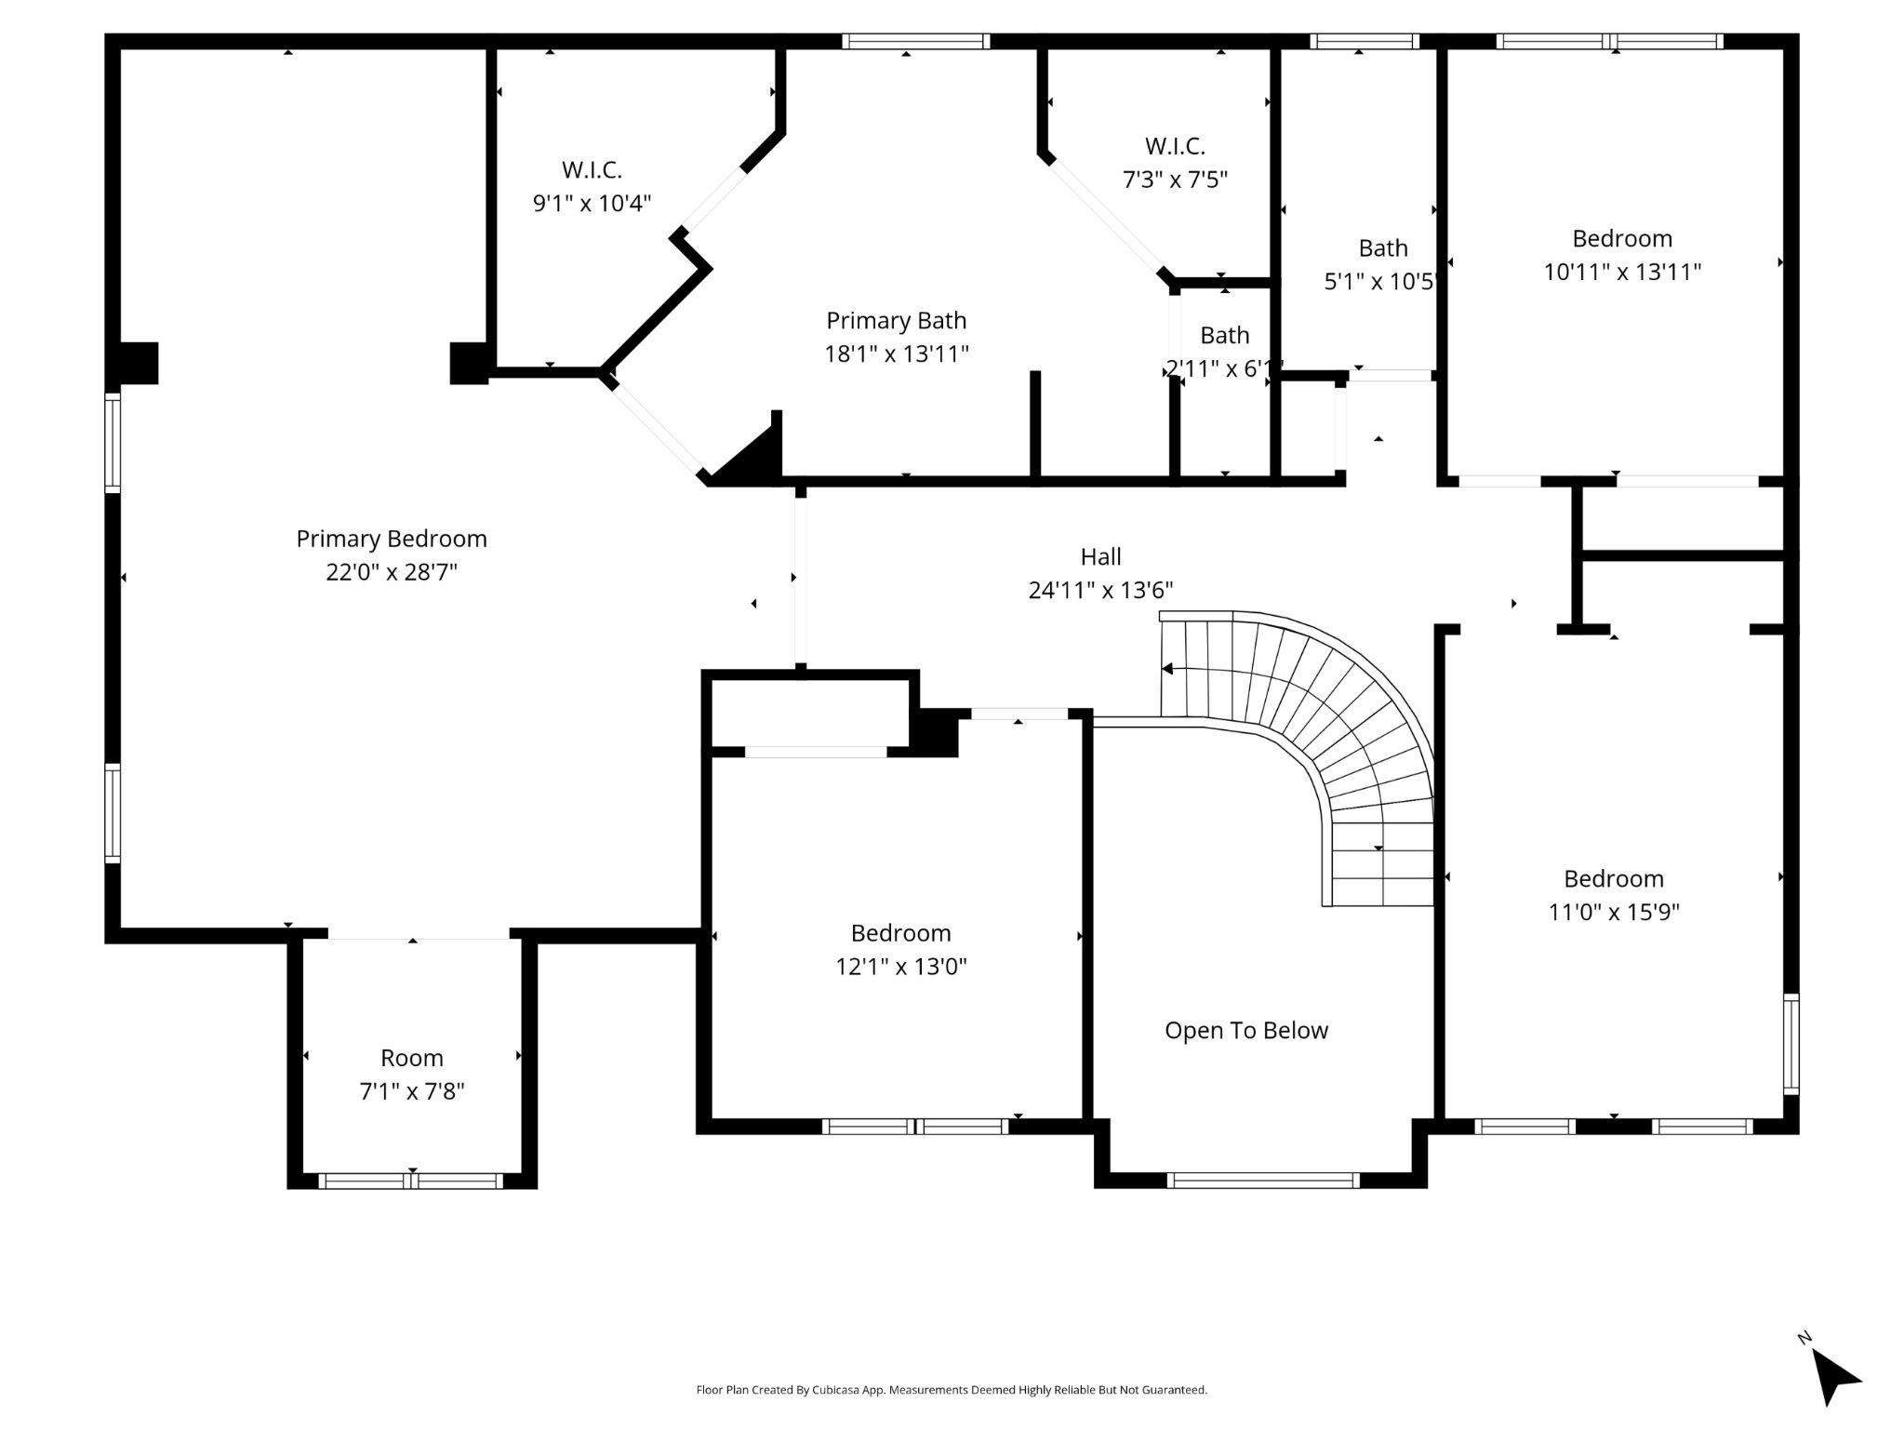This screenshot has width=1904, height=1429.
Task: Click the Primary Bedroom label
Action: tap(391, 539)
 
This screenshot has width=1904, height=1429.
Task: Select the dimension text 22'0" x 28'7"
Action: tap(391, 572)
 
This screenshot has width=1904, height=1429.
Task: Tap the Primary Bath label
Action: tap(896, 321)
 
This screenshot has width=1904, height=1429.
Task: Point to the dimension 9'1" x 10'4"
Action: tap(592, 204)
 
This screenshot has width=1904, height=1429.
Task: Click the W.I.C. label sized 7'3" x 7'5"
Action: tap(1175, 146)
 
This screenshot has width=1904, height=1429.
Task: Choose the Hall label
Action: tap(1100, 557)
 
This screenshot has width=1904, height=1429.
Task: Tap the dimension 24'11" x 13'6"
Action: tap(1100, 591)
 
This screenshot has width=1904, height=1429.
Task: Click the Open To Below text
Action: tap(1245, 1031)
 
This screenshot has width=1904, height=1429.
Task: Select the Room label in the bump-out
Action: tap(411, 1058)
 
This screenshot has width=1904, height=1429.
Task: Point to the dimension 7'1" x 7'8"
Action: tap(411, 1091)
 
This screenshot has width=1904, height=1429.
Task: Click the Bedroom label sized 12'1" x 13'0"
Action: tap(900, 933)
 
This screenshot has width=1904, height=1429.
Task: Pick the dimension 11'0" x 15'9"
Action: tap(1613, 913)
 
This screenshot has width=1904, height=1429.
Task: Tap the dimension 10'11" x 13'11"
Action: tap(1622, 273)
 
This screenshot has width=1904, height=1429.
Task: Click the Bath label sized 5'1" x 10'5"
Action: tap(1383, 248)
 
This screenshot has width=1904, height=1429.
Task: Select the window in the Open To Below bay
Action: tap(1263, 1181)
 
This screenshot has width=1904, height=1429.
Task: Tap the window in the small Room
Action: tap(411, 1182)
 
